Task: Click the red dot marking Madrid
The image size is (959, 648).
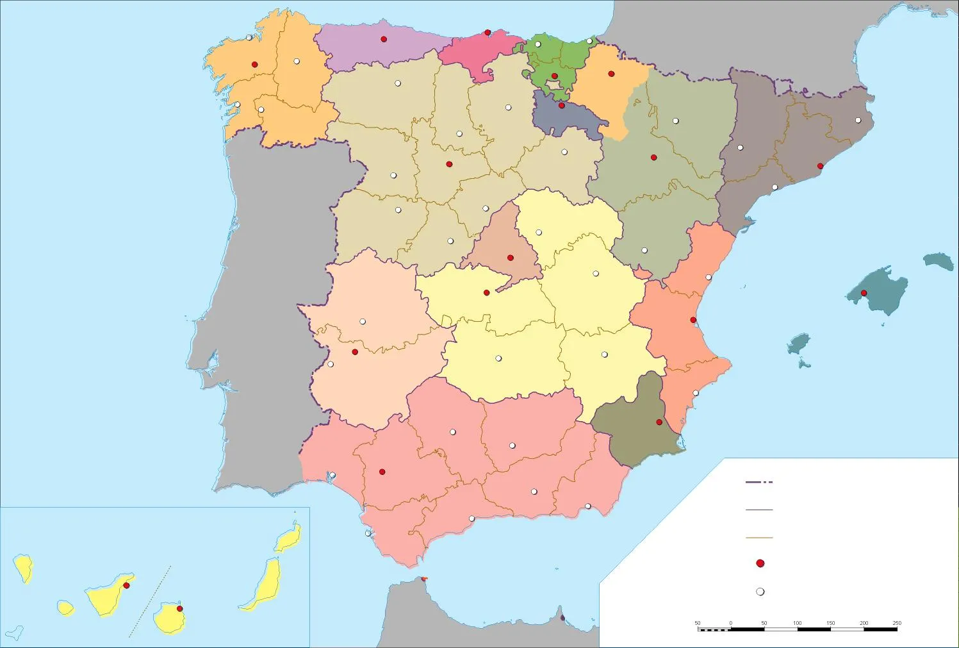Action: click(x=511, y=258)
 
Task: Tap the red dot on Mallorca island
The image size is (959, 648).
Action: click(x=864, y=293)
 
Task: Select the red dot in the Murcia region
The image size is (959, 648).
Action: click(x=659, y=422)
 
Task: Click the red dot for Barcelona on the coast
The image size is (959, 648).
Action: click(x=820, y=166)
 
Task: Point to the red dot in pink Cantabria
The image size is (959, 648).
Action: click(x=488, y=33)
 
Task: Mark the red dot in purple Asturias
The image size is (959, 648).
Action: click(x=384, y=39)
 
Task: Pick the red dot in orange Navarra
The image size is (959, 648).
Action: click(x=611, y=74)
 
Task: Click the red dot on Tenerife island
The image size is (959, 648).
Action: click(x=126, y=585)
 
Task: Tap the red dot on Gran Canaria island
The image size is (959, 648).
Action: click(x=179, y=608)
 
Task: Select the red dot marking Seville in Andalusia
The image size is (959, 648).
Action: click(x=382, y=472)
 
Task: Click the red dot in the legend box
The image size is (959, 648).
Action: click(x=760, y=563)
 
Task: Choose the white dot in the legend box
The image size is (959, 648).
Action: click(x=760, y=592)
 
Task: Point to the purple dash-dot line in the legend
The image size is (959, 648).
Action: click(x=760, y=482)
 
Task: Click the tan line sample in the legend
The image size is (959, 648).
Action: click(x=760, y=538)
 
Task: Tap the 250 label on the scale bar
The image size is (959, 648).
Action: click(x=897, y=623)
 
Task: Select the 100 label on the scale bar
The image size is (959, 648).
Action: click(x=798, y=623)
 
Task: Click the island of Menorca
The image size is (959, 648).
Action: click(x=939, y=260)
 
